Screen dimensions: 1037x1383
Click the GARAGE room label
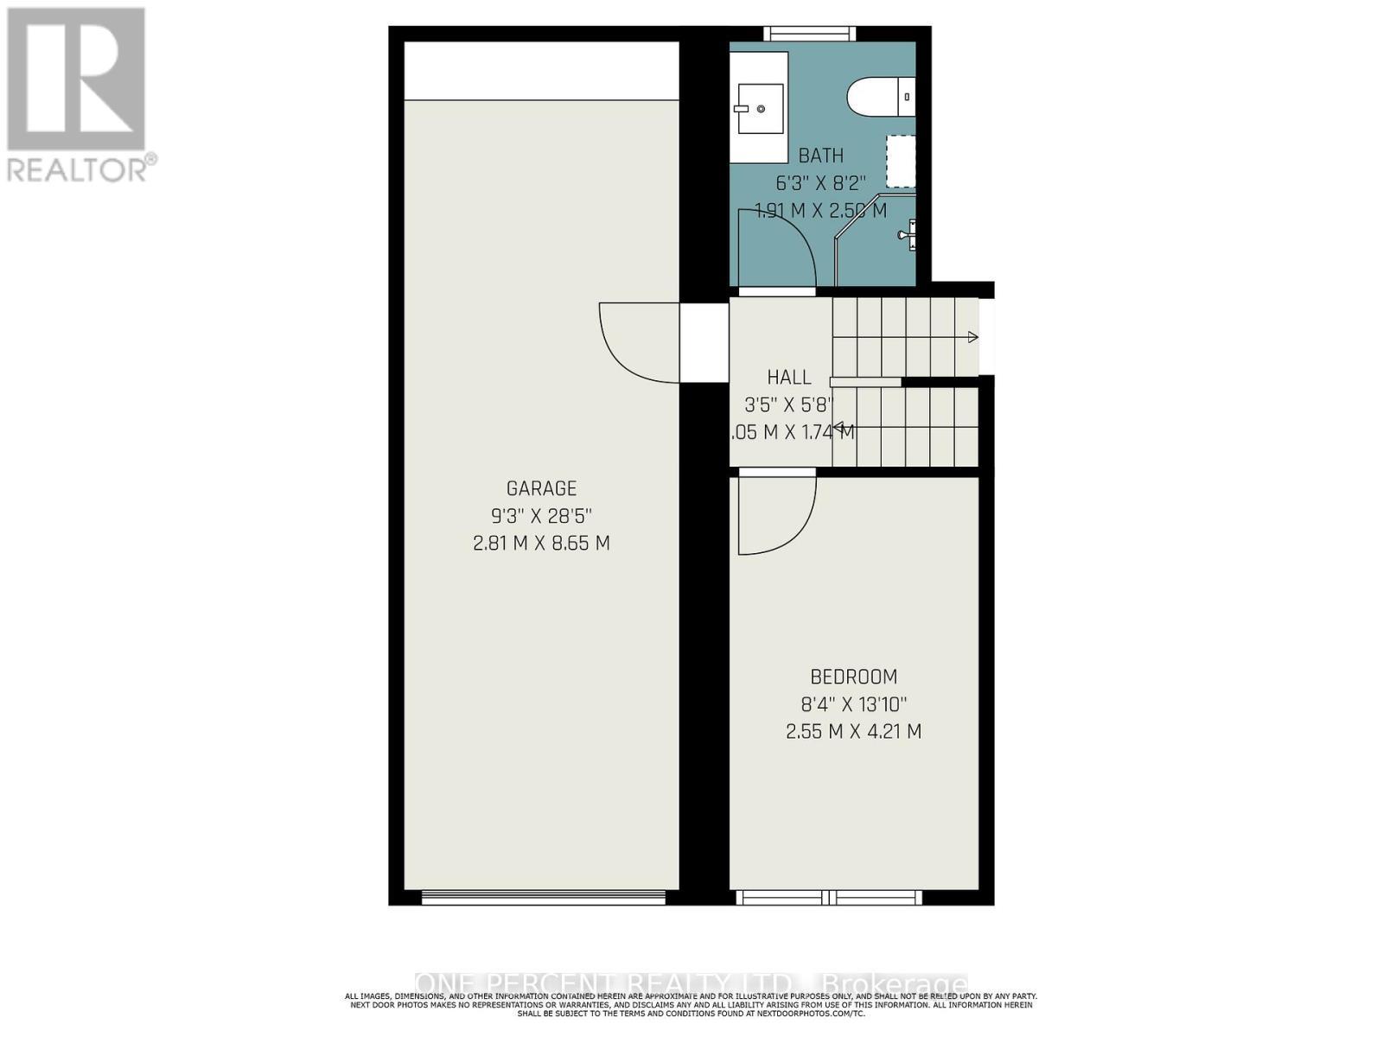click(x=541, y=489)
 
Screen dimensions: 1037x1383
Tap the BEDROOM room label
click(x=853, y=677)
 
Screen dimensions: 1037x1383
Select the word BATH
click(x=820, y=156)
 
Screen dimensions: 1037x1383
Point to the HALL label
click(x=789, y=378)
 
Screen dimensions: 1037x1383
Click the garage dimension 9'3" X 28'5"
click(x=541, y=517)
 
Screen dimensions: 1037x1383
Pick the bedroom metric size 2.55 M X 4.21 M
click(x=853, y=732)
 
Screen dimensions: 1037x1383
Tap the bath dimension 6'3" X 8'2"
click(x=820, y=183)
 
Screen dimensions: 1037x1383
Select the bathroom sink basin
click(x=760, y=109)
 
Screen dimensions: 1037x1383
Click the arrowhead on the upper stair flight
click(x=973, y=337)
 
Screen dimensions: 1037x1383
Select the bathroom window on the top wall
click(x=809, y=34)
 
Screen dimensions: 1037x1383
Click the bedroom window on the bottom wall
click(x=830, y=898)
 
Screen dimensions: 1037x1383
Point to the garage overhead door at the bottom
click(x=543, y=898)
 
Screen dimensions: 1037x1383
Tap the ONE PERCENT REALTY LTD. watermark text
click(x=691, y=984)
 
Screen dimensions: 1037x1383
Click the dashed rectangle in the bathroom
click(x=902, y=162)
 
